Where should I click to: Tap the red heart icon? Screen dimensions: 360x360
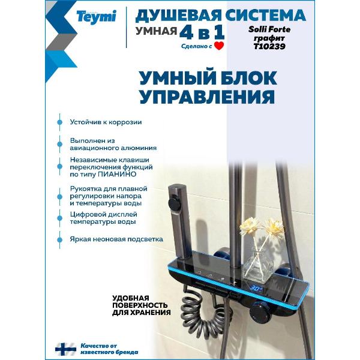tap(219, 45)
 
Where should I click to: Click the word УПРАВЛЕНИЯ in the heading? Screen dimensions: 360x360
tap(207, 97)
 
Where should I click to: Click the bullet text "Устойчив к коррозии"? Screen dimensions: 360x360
tap(106, 122)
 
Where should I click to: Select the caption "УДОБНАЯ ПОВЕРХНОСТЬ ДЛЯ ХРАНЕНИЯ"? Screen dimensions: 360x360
tap(142, 305)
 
